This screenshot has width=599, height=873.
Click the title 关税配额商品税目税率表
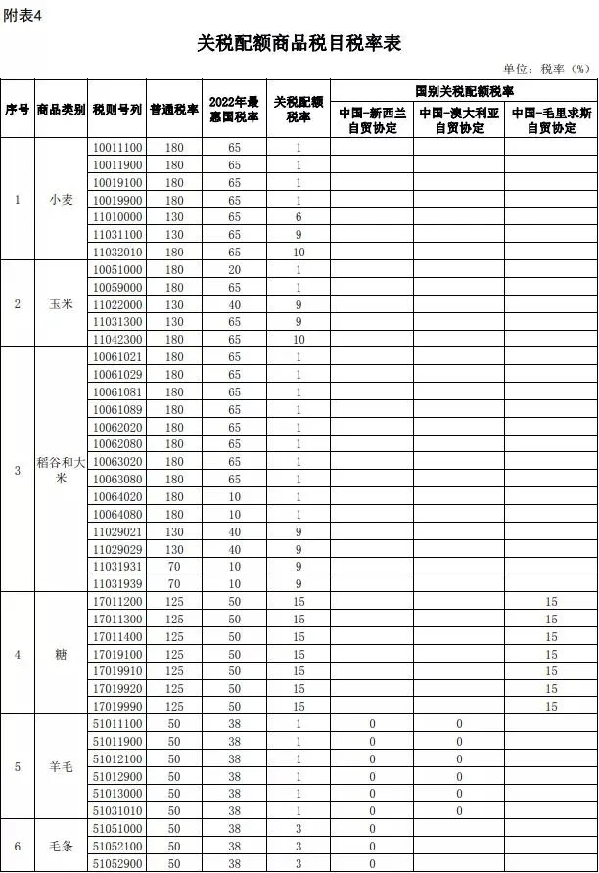(299, 44)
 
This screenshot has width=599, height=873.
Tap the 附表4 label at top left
(22, 13)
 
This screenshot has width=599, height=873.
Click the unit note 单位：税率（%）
(547, 69)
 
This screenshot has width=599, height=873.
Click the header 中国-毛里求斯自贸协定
(551, 120)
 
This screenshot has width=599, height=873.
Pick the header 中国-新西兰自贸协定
(372, 120)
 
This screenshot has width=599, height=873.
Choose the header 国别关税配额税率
(464, 90)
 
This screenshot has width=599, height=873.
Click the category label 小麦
(61, 199)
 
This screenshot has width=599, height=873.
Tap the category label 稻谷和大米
(61, 471)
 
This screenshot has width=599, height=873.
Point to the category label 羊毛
(61, 766)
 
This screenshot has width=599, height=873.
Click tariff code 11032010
(117, 252)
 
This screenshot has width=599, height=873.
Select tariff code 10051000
(117, 269)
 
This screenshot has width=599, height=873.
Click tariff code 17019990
(117, 706)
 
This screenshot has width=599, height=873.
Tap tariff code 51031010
(117, 810)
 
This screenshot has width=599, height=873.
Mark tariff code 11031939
(117, 583)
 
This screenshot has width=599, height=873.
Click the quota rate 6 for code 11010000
(298, 216)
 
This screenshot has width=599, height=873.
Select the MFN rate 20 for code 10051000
(235, 269)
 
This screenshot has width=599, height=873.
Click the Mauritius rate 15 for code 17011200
(551, 601)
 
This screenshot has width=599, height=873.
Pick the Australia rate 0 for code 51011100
(459, 723)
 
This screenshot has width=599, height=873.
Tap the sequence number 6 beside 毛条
(17, 846)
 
